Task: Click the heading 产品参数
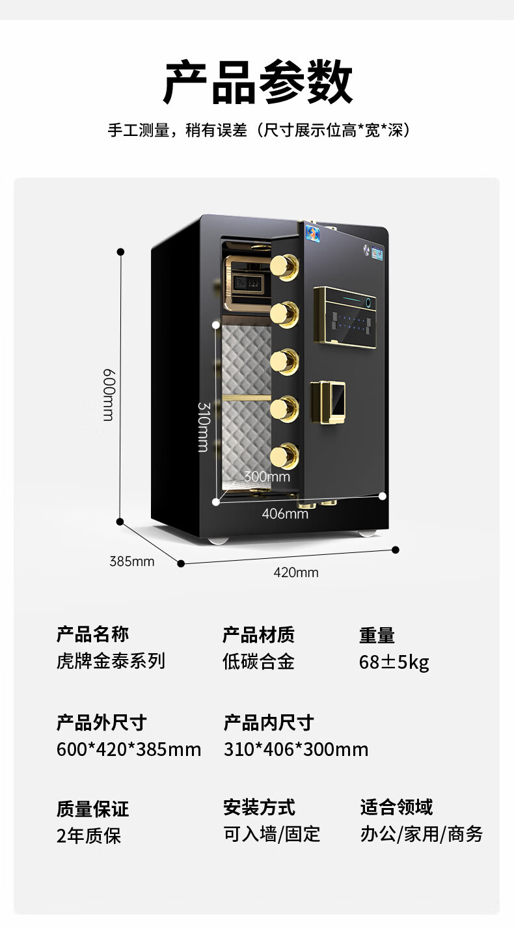tap(258, 83)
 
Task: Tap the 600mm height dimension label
tap(109, 394)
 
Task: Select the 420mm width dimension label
tap(296, 572)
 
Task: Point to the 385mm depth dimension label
tap(132, 561)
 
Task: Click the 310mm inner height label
tap(203, 426)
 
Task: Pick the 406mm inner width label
tap(284, 514)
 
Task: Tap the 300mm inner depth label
tap(267, 477)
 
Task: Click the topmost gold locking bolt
tap(284, 266)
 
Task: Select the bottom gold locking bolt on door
tap(284, 454)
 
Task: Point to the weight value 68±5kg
tap(394, 662)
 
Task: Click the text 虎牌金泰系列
tap(111, 661)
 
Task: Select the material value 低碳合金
tap(258, 662)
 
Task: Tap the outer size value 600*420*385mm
tap(129, 749)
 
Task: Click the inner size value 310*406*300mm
tap(296, 749)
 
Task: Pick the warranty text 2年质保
tap(88, 835)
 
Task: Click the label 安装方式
tap(259, 807)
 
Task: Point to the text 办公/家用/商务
tap(422, 834)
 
